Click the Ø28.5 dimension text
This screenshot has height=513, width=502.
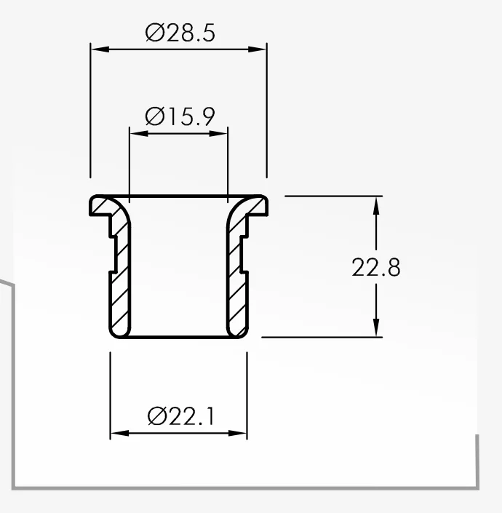pyautogui.click(x=180, y=33)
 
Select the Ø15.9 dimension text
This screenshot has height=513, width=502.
pyautogui.click(x=180, y=116)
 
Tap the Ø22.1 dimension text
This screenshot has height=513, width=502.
pyautogui.click(x=181, y=416)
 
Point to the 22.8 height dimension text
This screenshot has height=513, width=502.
pyautogui.click(x=375, y=267)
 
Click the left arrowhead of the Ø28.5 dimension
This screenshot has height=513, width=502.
pyautogui.click(x=100, y=49)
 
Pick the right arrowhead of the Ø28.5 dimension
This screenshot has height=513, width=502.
pyautogui.click(x=258, y=49)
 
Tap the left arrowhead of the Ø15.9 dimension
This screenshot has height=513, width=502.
pyautogui.click(x=139, y=133)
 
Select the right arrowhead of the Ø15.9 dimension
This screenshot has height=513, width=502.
pyautogui.click(x=218, y=133)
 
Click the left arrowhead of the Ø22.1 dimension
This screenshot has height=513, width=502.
pyautogui.click(x=120, y=433)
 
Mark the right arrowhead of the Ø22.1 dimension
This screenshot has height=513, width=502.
pyautogui.click(x=237, y=433)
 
